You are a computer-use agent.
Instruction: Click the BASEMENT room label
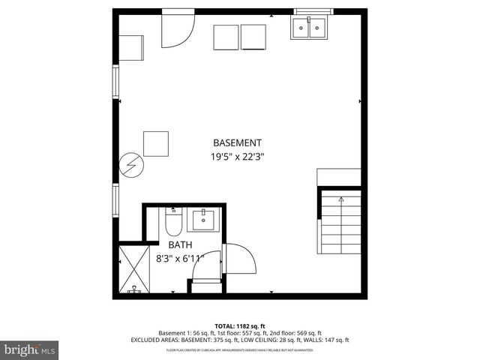point(237,142)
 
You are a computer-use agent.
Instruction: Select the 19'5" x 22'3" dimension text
point(237,157)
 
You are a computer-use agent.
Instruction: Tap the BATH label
point(180,244)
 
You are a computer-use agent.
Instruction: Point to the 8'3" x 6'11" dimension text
point(180,259)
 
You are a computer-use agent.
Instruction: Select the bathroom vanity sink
point(202,220)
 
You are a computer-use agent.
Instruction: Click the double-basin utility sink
point(308,28)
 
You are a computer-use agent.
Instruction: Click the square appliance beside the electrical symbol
point(155,143)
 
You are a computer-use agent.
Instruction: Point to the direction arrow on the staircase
point(341,201)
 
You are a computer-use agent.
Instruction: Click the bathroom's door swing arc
point(240,259)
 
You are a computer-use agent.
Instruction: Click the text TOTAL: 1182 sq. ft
point(240,325)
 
